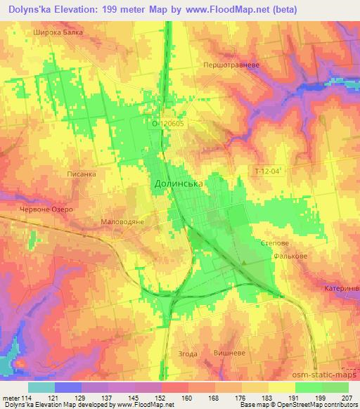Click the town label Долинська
pos(178,183)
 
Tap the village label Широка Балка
pos(58,32)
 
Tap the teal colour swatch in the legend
pos(41,387)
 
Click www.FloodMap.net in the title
pos(225,10)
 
